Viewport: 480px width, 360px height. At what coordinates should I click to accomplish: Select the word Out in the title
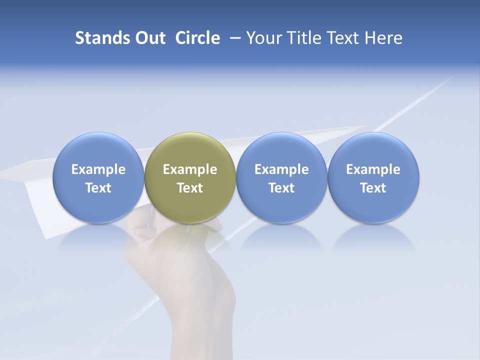(149, 38)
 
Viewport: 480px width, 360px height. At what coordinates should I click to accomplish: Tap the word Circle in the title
(197, 38)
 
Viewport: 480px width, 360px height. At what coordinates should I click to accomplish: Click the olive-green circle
(190, 177)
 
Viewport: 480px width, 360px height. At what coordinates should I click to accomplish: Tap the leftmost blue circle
(98, 177)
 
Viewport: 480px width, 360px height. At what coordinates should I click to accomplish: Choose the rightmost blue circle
(373, 177)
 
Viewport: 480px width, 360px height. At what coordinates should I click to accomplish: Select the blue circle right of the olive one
(281, 177)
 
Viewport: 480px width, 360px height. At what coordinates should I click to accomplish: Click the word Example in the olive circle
(190, 169)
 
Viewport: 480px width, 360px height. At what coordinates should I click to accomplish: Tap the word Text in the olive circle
(190, 188)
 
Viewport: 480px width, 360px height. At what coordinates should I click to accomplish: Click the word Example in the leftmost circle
(98, 169)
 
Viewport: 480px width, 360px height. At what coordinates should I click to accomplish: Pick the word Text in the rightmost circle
(373, 188)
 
